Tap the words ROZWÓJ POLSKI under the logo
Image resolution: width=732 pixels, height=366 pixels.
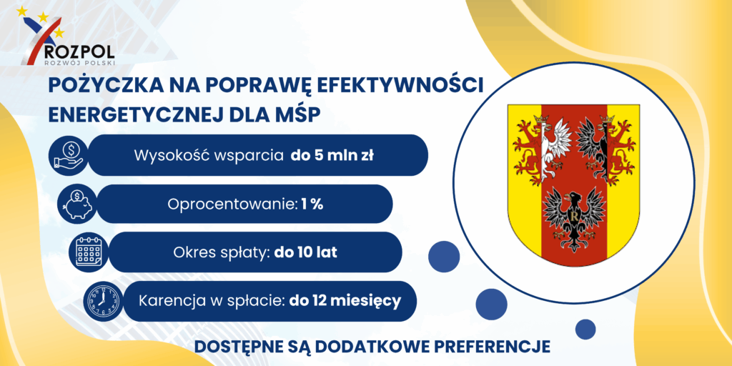79,61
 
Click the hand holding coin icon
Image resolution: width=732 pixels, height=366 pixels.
68,155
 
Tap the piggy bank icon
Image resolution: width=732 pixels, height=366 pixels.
77,204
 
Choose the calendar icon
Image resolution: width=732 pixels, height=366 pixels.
88,252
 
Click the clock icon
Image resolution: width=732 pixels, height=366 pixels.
103,301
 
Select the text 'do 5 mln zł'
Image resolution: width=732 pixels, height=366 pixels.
332,155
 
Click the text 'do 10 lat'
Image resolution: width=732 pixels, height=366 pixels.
306,252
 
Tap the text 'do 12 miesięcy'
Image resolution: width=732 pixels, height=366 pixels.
345,301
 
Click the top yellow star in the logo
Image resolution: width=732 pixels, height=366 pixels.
22,11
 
